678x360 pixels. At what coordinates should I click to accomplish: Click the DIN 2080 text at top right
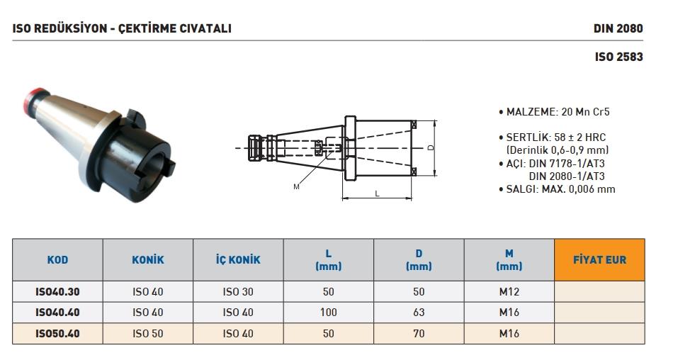pos(618,28)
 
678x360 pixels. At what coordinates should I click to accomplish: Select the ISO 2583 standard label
pos(618,57)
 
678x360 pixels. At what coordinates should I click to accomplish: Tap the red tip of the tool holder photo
pos(35,99)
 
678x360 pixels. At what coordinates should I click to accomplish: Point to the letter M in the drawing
pos(296,187)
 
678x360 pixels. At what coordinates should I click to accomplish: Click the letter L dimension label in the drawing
pos(377,194)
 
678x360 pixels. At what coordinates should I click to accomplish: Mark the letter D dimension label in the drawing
pos(431,147)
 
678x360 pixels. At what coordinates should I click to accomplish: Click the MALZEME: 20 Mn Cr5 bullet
pos(554,112)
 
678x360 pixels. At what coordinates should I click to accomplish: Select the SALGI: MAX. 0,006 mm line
pos(557,189)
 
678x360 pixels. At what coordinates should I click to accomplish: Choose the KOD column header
pos(57,259)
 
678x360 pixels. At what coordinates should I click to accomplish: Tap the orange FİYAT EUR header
pos(599,259)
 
